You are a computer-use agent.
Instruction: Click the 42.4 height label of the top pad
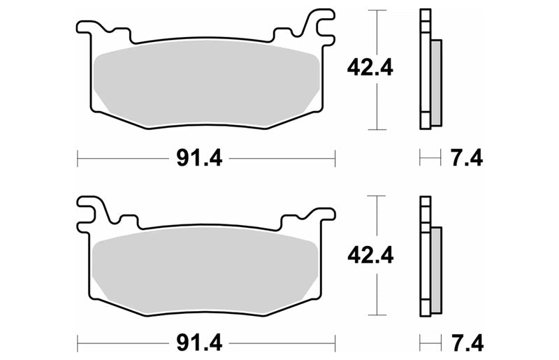click(x=370, y=68)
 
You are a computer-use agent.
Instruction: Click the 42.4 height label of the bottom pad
click(x=370, y=255)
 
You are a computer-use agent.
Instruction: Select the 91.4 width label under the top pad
click(x=199, y=158)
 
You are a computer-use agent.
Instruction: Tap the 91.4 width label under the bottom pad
click(x=199, y=343)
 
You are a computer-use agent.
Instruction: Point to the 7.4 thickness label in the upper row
click(x=467, y=158)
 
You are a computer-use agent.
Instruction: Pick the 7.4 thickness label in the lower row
click(x=467, y=343)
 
